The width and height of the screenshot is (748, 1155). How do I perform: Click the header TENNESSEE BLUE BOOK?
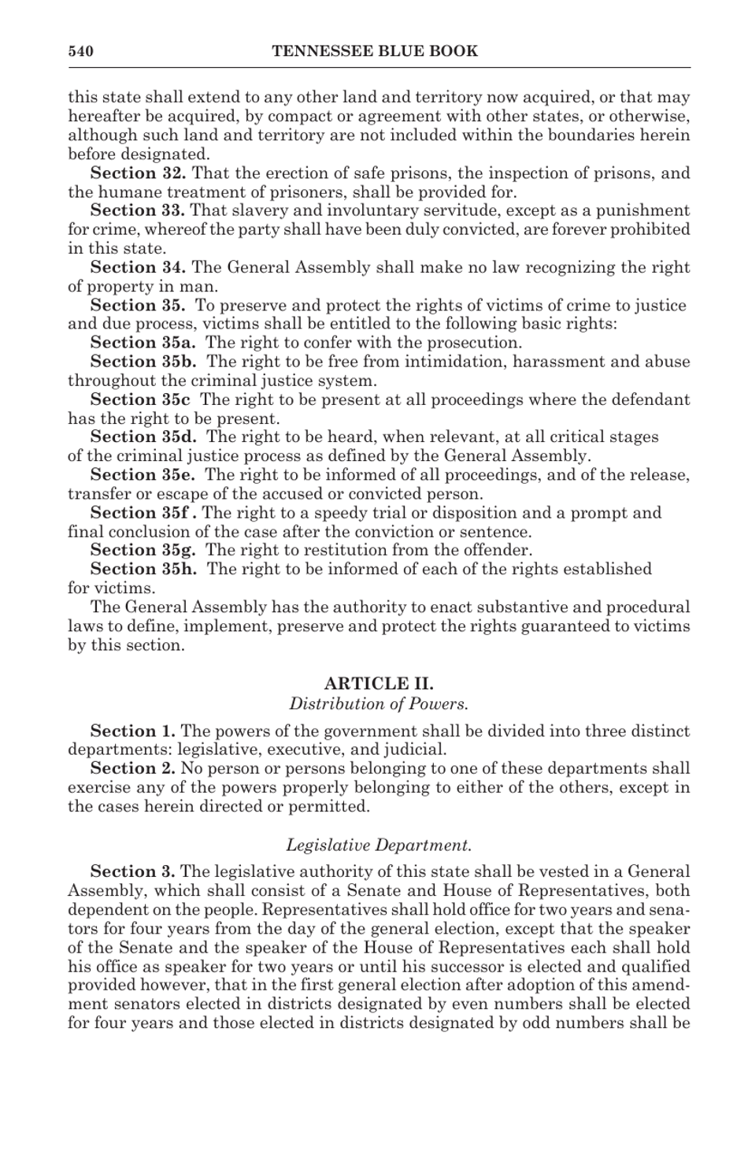[x=375, y=52]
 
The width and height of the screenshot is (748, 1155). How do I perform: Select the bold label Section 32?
[x=138, y=173]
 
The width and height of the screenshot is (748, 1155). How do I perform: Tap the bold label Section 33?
[x=138, y=210]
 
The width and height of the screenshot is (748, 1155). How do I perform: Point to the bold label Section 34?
[x=138, y=267]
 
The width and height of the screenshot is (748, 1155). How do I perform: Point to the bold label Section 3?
[x=132, y=871]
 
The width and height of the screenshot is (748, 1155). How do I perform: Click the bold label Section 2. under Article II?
[x=132, y=768]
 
